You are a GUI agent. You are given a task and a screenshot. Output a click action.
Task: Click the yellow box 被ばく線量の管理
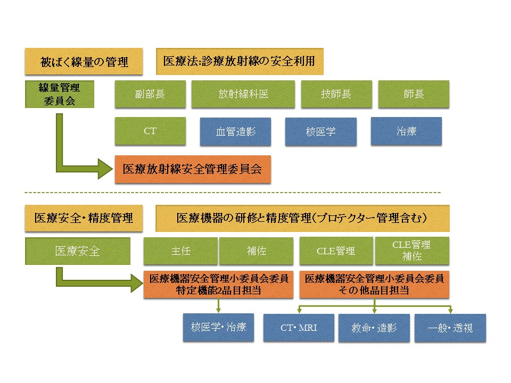point(84,62)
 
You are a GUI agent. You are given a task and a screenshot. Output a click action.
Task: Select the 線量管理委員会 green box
point(60,94)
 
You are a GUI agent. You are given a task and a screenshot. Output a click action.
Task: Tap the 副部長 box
point(150,94)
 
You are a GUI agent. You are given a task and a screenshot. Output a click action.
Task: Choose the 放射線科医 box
point(243,94)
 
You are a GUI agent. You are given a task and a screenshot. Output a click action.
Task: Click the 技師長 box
point(336,94)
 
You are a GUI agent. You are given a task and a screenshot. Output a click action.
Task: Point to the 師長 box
point(414,94)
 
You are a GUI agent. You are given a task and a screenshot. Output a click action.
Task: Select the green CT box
point(150,131)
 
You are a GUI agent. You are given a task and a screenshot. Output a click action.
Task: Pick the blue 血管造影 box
point(235,131)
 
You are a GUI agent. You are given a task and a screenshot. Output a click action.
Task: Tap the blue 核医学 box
point(321,131)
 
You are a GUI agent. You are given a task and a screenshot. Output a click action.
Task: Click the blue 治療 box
point(406,131)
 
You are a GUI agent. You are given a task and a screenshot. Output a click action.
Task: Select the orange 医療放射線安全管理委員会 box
point(193,169)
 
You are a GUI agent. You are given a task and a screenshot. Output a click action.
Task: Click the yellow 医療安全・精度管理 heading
point(84,218)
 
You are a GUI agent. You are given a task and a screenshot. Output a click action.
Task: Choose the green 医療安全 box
point(78,251)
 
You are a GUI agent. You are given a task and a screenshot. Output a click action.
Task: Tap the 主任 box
point(180,251)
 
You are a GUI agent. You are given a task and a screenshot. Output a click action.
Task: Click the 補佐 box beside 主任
point(256,251)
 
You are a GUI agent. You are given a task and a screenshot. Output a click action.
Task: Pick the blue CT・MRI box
point(299,328)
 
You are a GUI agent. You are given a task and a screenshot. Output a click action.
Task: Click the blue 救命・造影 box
point(374,328)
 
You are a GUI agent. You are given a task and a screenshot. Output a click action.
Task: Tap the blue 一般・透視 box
point(450,328)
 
